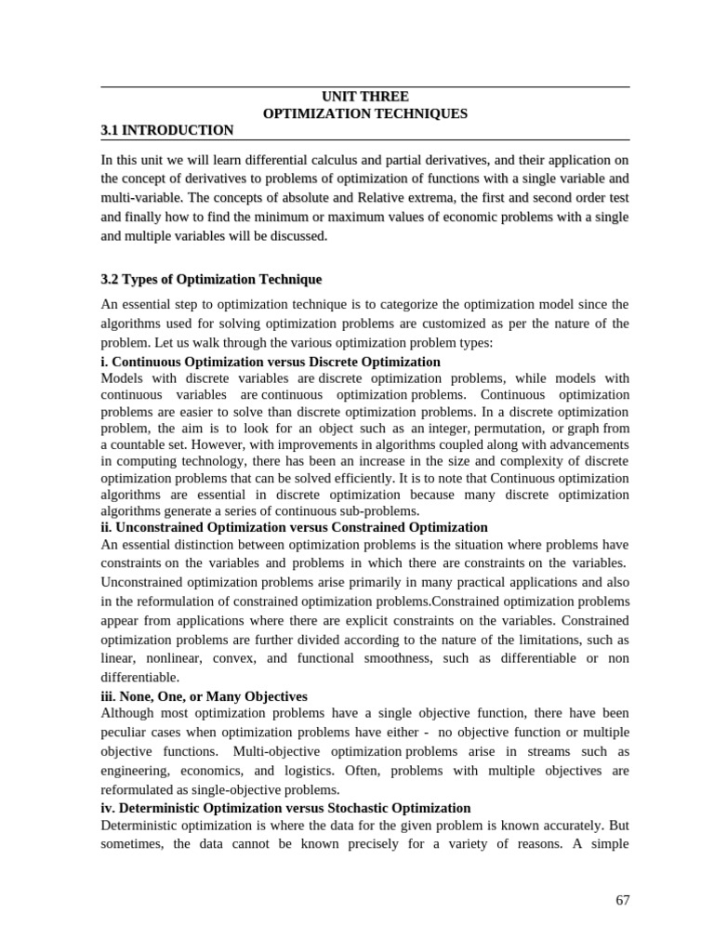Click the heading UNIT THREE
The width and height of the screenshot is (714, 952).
pyautogui.click(x=364, y=97)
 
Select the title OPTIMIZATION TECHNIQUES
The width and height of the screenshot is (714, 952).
pyautogui.click(x=364, y=113)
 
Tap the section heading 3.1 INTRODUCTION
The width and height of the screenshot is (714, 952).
pyautogui.click(x=166, y=130)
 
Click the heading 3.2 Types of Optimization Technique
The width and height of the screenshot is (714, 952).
pyautogui.click(x=210, y=279)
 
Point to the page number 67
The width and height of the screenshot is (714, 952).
pyautogui.click(x=622, y=900)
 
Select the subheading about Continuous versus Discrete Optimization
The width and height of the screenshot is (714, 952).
pyautogui.click(x=270, y=362)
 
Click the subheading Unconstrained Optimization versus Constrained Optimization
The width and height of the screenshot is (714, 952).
pyautogui.click(x=293, y=527)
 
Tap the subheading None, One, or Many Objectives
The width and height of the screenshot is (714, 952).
pyautogui.click(x=204, y=695)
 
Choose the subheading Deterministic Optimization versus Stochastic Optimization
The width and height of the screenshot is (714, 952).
pyautogui.click(x=284, y=808)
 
